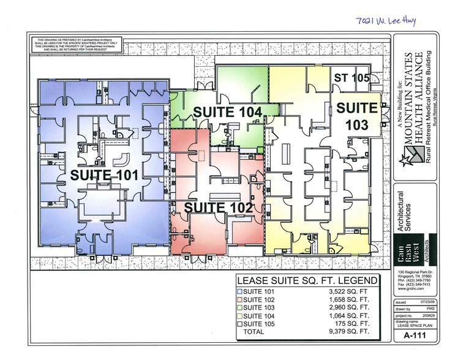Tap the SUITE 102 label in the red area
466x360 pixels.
pos(218,208)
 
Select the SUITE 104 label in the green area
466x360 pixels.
pos(227,111)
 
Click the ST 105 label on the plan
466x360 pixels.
pos(351,78)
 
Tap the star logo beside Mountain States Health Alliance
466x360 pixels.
pos(405,161)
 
